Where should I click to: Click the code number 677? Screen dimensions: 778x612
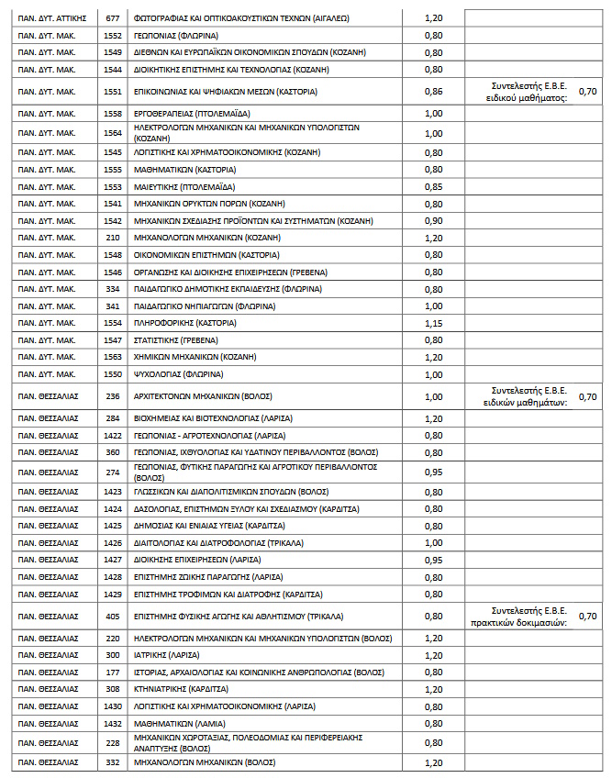click(x=113, y=17)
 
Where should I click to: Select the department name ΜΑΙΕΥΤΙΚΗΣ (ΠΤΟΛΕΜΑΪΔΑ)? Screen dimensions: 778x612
click(x=183, y=186)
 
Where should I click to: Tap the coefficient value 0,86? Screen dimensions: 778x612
click(x=433, y=91)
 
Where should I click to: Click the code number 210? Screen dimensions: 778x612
click(x=113, y=238)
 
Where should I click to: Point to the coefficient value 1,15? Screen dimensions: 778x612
click(x=433, y=324)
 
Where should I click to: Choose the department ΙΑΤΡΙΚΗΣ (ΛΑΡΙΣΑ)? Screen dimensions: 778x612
click(x=168, y=654)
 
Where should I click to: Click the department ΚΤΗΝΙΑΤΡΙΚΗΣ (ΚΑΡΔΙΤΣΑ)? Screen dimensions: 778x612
click(x=181, y=688)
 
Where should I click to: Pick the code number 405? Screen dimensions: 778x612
click(x=113, y=616)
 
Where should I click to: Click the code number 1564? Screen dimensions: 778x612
click(x=113, y=132)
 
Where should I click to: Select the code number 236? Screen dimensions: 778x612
click(x=113, y=396)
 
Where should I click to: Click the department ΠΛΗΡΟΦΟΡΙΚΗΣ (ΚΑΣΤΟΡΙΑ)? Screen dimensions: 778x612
click(x=184, y=324)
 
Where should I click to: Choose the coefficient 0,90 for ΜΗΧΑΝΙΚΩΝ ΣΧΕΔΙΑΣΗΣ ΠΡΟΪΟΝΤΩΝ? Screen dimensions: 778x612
click(x=433, y=220)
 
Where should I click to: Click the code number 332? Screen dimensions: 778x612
click(x=113, y=761)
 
